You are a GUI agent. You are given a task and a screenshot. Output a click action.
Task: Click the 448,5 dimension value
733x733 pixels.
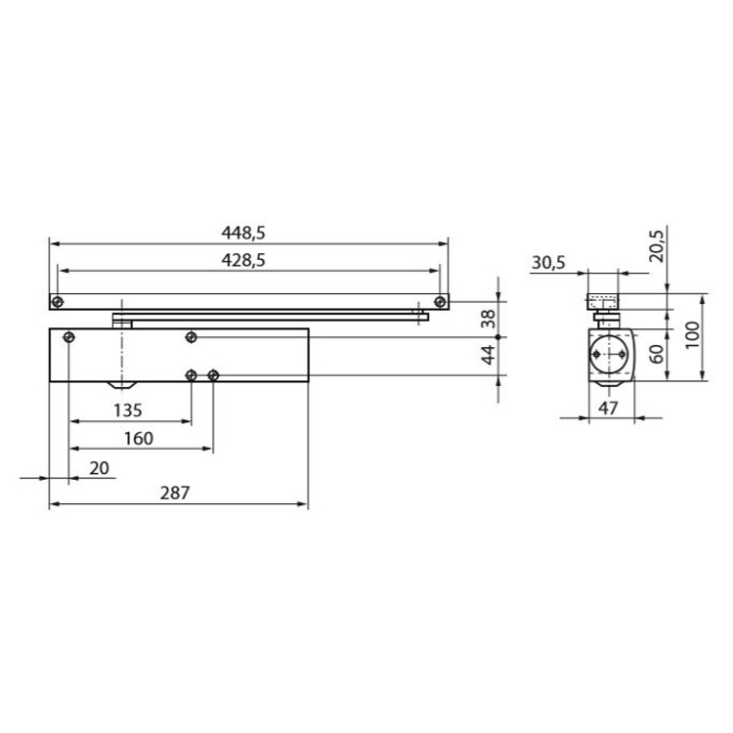243,233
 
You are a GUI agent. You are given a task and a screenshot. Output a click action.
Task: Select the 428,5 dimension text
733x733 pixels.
243,260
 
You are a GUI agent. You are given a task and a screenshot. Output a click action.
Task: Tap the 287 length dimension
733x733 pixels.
175,493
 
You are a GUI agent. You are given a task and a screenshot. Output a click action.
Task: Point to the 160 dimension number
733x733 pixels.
139,439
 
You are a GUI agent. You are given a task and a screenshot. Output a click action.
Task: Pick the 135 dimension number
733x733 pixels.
128,410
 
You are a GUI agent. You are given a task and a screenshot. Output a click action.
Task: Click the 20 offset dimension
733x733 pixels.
99,467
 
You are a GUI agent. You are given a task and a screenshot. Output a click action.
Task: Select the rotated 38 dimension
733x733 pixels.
488,319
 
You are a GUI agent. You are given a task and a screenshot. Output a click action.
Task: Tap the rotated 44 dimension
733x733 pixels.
488,355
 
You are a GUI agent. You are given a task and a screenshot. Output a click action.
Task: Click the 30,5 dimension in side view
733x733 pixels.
548,262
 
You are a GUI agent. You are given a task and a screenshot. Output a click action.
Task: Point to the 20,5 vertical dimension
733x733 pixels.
657,246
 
